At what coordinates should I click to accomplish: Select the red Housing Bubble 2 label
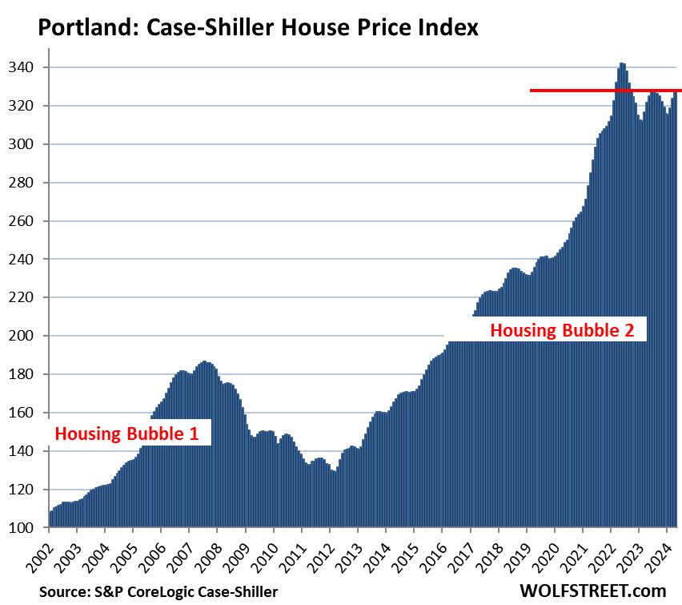click(568, 329)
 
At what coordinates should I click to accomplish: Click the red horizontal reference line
click(604, 91)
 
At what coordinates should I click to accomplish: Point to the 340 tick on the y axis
click(29, 67)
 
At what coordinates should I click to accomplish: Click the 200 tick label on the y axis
click(29, 336)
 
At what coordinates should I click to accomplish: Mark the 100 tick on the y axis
click(29, 528)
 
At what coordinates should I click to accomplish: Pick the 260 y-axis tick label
click(29, 221)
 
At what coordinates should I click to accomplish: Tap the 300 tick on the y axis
click(29, 144)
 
